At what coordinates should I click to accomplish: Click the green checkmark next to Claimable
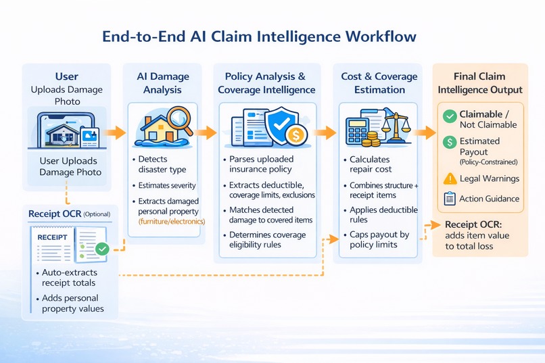click(x=449, y=116)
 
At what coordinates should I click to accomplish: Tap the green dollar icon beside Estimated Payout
click(x=449, y=142)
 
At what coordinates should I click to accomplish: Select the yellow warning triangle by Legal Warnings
click(x=449, y=178)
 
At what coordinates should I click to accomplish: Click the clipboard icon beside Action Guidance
click(x=449, y=198)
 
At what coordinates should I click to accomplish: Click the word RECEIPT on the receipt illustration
click(x=51, y=237)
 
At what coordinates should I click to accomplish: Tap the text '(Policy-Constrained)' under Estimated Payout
click(x=488, y=162)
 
